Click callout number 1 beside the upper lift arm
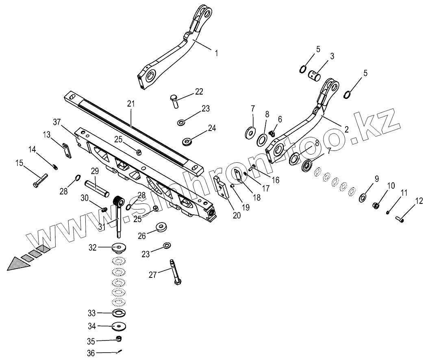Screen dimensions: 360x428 point(216,53)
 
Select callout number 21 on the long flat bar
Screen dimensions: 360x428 point(130,104)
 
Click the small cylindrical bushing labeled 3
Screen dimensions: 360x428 point(314,75)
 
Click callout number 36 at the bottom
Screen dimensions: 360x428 point(91,353)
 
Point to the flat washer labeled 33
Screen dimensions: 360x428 point(118,312)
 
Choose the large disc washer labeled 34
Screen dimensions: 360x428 point(119,326)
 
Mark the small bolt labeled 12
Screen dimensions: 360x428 point(400,220)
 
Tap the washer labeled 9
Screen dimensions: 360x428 point(362,198)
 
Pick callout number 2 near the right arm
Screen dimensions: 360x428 point(346,130)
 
